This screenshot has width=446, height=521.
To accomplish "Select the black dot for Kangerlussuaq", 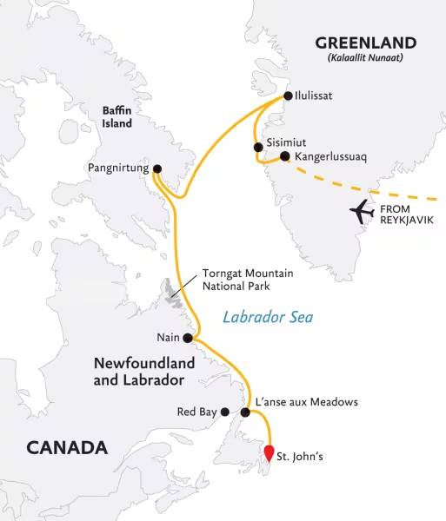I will (x=284, y=157).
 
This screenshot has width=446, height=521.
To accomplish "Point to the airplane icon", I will (x=361, y=211).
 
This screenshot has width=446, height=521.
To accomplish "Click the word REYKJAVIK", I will (x=406, y=221).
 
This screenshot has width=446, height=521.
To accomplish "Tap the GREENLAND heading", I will (x=365, y=43).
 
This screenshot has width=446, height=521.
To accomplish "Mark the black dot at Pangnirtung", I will (x=156, y=168).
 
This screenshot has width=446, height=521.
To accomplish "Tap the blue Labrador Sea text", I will (x=267, y=318).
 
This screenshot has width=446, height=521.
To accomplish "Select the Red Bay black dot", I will (x=224, y=412).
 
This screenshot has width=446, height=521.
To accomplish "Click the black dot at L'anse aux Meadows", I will (x=246, y=412).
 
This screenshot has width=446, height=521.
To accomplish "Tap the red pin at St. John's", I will (x=270, y=452).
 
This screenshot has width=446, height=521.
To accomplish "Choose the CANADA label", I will (x=67, y=448).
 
